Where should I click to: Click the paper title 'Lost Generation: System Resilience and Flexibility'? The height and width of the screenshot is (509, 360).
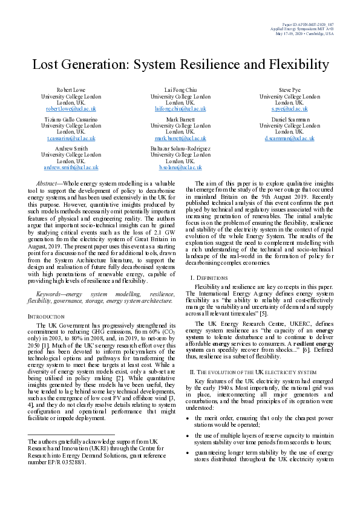pyautogui.click(x=180, y=65)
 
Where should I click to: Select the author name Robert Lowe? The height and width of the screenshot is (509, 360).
pyautogui.click(x=71, y=89)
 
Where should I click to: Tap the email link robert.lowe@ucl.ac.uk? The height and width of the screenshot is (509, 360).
pyautogui.click(x=71, y=109)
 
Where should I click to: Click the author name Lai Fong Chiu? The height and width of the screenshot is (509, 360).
pyautogui.click(x=180, y=89)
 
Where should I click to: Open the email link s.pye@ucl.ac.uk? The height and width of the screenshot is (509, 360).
pyautogui.click(x=289, y=109)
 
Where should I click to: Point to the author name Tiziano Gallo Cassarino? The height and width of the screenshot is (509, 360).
pyautogui.click(x=71, y=119)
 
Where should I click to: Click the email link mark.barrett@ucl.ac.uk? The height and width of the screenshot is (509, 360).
pyautogui.click(x=180, y=138)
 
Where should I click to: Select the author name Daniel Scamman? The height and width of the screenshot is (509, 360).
pyautogui.click(x=289, y=119)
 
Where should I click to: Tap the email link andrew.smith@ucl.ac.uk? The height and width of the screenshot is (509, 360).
pyautogui.click(x=71, y=167)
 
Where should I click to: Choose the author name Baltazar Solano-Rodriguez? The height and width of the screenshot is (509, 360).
pyautogui.click(x=180, y=148)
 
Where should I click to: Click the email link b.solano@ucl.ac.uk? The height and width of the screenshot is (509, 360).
pyautogui.click(x=180, y=167)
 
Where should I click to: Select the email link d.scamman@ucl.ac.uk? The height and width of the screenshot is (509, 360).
pyautogui.click(x=289, y=138)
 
